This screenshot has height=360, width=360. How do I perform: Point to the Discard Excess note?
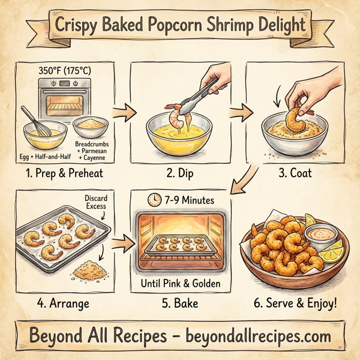[x=95, y=202]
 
